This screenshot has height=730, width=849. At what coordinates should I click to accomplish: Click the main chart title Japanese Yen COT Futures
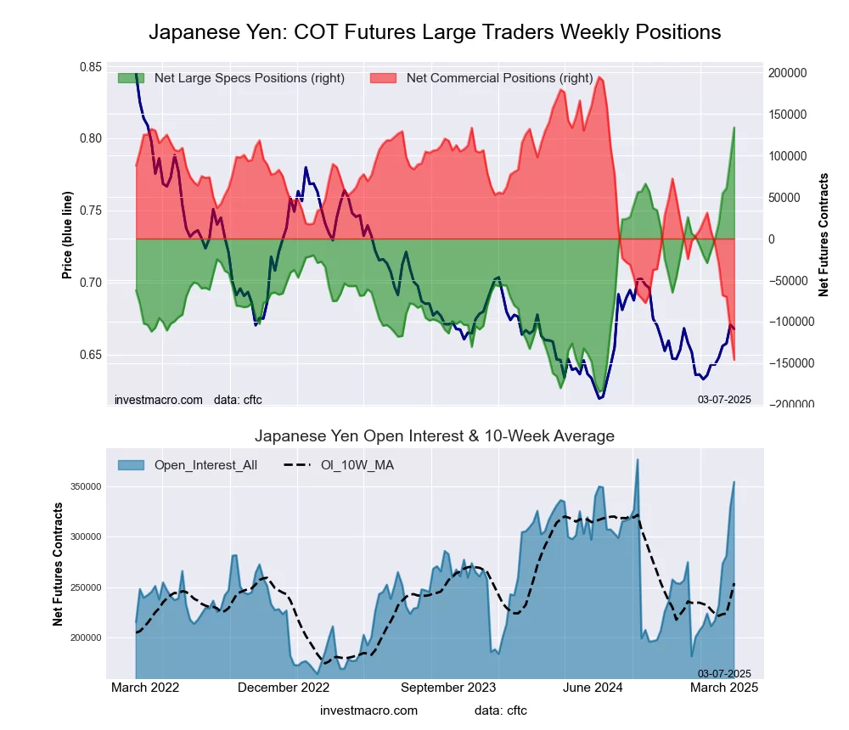(435, 32)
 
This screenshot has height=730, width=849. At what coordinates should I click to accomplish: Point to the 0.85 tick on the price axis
(91, 67)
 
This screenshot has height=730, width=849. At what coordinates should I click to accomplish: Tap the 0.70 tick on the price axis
(91, 282)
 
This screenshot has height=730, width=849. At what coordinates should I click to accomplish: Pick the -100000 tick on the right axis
(791, 322)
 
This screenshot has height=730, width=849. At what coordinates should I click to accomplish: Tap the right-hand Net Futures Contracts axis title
(823, 234)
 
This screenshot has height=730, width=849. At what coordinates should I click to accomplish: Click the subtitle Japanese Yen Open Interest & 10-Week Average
(435, 436)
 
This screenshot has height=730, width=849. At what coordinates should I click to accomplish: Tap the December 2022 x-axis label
(284, 687)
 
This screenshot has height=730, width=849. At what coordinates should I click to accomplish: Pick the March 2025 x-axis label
(723, 687)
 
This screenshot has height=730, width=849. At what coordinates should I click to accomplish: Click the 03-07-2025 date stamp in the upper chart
(724, 399)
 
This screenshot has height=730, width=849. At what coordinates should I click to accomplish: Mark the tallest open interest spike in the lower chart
(638, 460)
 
